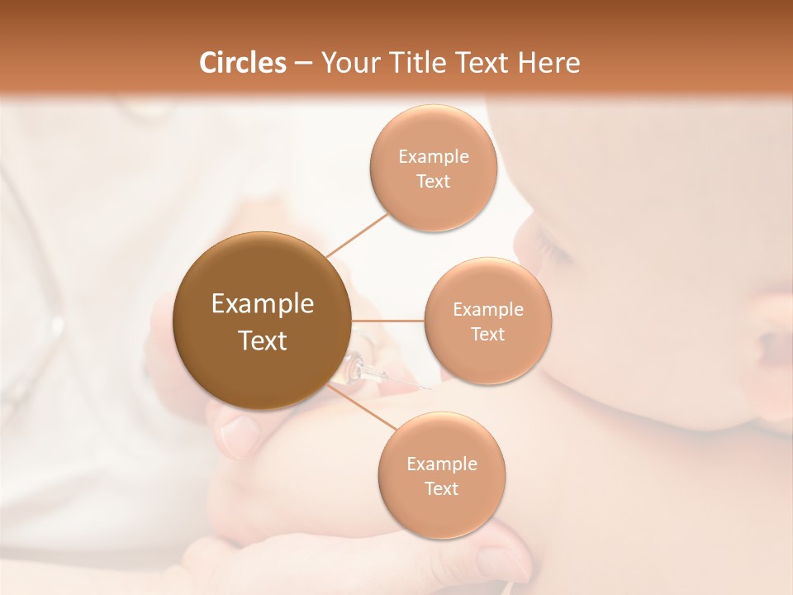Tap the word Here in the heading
[549, 63]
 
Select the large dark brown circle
[262, 321]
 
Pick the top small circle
[433, 168]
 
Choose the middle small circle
[487, 321]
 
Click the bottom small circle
[441, 475]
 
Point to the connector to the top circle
[357, 235]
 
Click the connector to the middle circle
[387, 321]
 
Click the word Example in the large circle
[262, 304]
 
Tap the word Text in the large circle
[262, 340]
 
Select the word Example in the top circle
[433, 156]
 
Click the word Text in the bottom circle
[441, 488]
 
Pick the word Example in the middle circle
[487, 309]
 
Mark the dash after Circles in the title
[302, 63]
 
